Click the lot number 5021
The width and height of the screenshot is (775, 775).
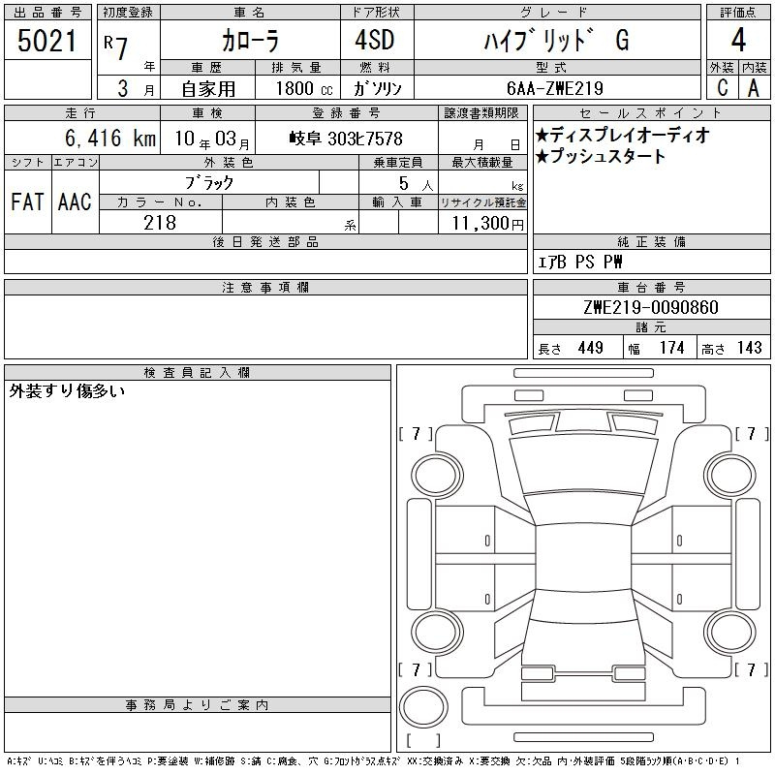[46, 41]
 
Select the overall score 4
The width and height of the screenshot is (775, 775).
[738, 40]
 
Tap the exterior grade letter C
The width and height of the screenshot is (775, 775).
[723, 88]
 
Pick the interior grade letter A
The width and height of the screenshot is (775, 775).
[754, 88]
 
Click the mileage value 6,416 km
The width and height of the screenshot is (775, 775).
[110, 138]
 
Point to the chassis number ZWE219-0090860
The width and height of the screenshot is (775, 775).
[651, 307]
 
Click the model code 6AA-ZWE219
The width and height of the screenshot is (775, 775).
[555, 88]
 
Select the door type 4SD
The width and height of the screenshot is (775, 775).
[375, 40]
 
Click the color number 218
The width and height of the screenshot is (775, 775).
[160, 223]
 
